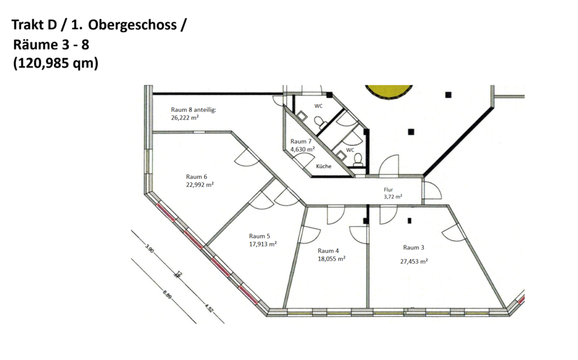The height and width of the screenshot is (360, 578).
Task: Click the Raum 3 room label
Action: (x=414, y=248)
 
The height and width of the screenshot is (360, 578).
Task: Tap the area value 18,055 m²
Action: (x=332, y=258)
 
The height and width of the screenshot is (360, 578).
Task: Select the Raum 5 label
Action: (x=260, y=236)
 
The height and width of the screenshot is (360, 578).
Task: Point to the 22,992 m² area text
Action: (x=200, y=185)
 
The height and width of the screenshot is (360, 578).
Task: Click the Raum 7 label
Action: (x=301, y=142)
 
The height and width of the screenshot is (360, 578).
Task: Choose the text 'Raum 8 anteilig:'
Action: (x=194, y=110)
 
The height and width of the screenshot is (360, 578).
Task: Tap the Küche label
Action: (x=323, y=166)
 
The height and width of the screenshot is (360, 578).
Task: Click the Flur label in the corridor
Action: (x=388, y=190)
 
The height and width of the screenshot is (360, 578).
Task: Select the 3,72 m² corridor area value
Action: (x=393, y=197)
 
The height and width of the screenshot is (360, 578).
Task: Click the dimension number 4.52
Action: (x=209, y=308)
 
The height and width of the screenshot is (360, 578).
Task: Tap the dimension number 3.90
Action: (x=149, y=249)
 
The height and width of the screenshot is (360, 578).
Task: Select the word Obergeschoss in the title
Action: (x=132, y=25)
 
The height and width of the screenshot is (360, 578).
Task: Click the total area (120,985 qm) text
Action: (x=56, y=63)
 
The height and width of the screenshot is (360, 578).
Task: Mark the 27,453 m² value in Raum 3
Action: (x=414, y=261)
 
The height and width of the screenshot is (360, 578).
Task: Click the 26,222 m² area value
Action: (x=185, y=117)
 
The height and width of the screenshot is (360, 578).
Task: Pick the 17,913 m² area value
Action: (x=263, y=244)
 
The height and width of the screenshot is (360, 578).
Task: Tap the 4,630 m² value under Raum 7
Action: (x=303, y=149)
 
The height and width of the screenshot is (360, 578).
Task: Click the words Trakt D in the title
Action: (x=34, y=25)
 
